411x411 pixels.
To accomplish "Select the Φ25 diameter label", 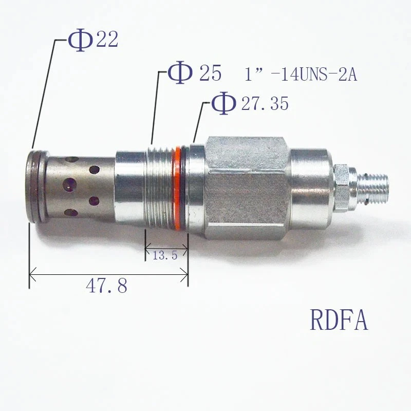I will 196,73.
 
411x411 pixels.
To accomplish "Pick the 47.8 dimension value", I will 106,286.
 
